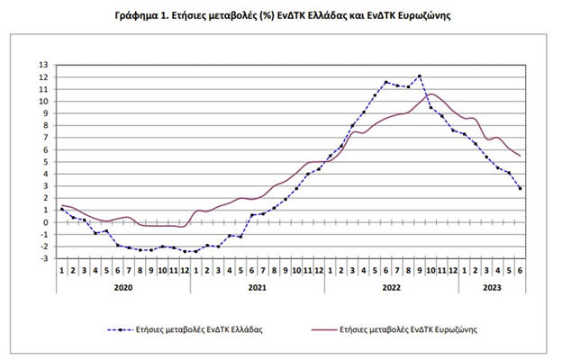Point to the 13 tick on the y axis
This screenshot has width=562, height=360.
(x=45, y=65)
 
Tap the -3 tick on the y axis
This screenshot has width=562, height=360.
(x=45, y=258)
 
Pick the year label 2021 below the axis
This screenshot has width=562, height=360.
(x=258, y=288)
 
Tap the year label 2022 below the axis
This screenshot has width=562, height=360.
(x=392, y=288)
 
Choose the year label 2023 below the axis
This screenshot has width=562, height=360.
(x=492, y=288)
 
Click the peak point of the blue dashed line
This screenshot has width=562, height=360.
(x=420, y=76)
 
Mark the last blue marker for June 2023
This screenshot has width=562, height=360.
(x=521, y=188)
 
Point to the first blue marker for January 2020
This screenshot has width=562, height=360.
(x=61, y=209)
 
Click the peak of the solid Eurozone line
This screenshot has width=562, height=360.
(x=432, y=94)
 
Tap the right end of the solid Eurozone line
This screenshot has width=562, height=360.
(x=521, y=156)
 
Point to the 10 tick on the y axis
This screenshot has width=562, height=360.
(x=45, y=101)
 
